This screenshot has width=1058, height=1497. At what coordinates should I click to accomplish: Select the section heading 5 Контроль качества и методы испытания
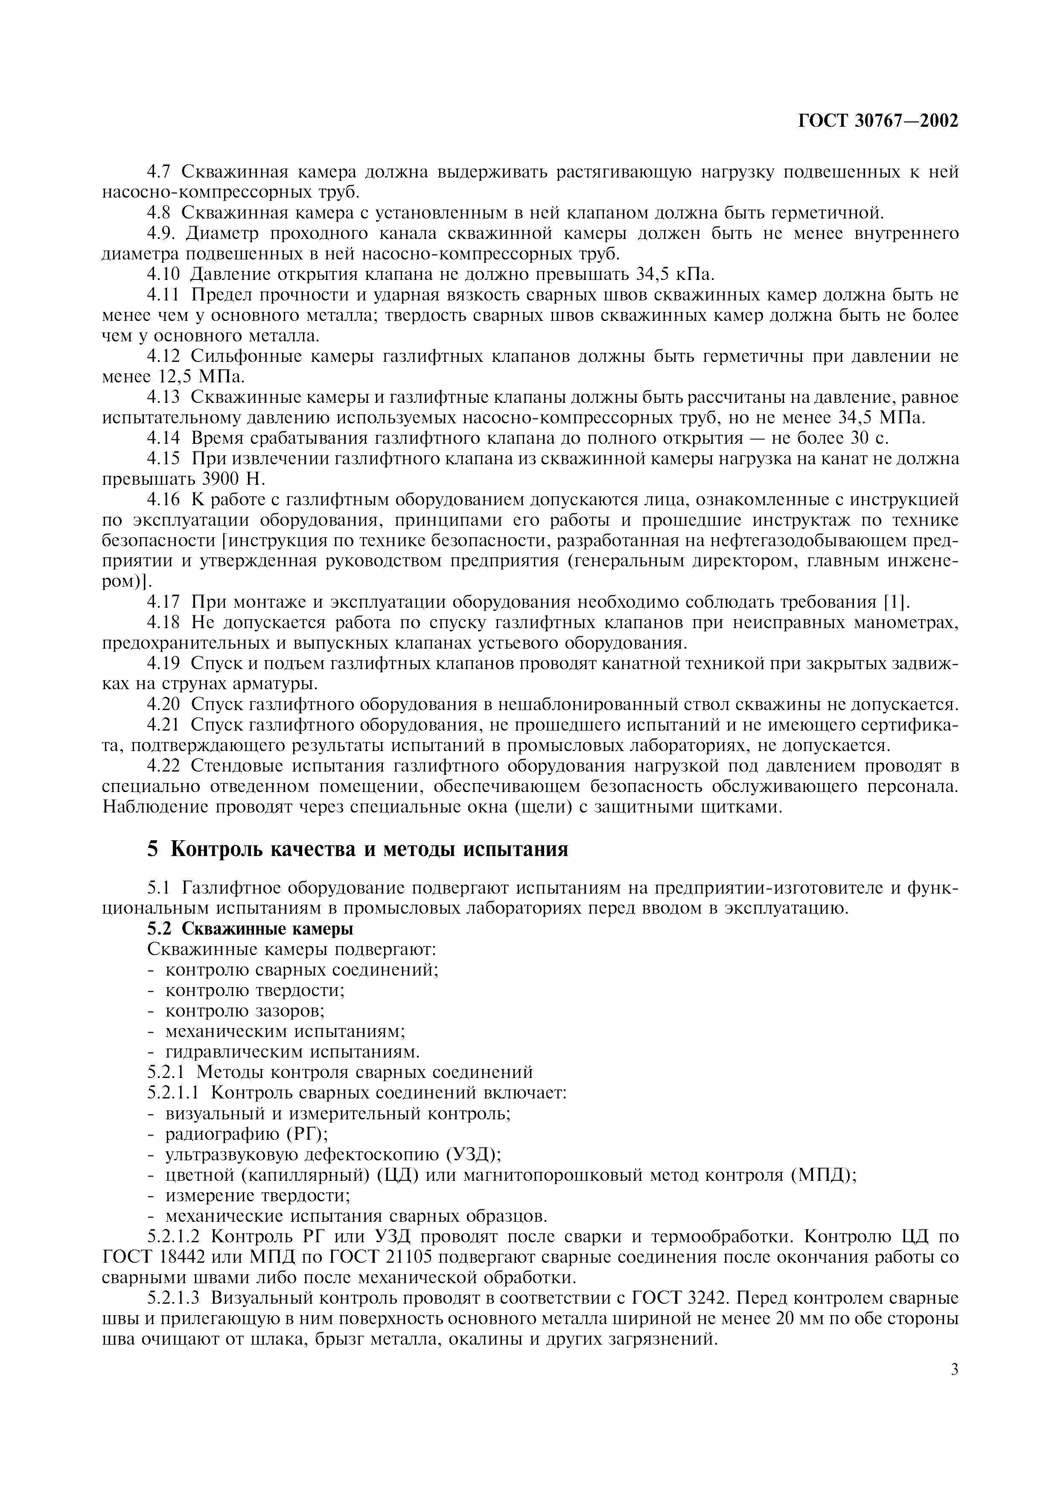pos(357,848)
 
